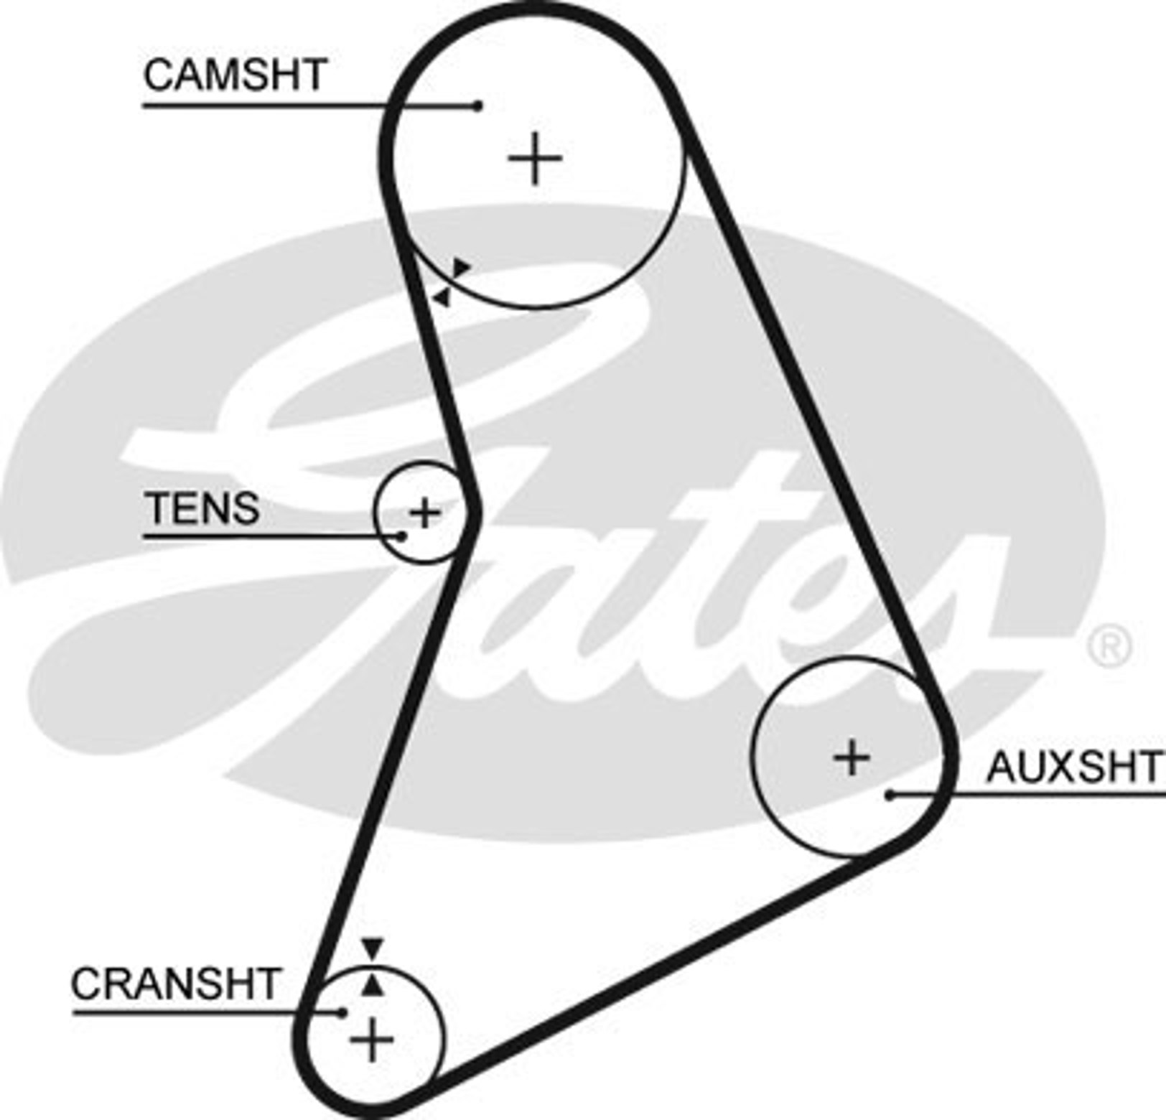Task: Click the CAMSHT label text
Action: [235, 75]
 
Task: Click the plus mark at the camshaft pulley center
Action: [535, 158]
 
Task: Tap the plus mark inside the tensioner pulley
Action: [424, 513]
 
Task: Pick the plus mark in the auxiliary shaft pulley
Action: [853, 757]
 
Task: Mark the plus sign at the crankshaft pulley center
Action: [372, 1039]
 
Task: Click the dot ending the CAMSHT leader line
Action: [478, 106]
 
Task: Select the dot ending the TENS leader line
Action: [402, 536]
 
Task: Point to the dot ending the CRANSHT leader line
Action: [342, 1012]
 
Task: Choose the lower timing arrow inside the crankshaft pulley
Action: [372, 984]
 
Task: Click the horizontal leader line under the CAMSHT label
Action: [311, 106]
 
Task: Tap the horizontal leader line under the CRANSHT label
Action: [207, 1012]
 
